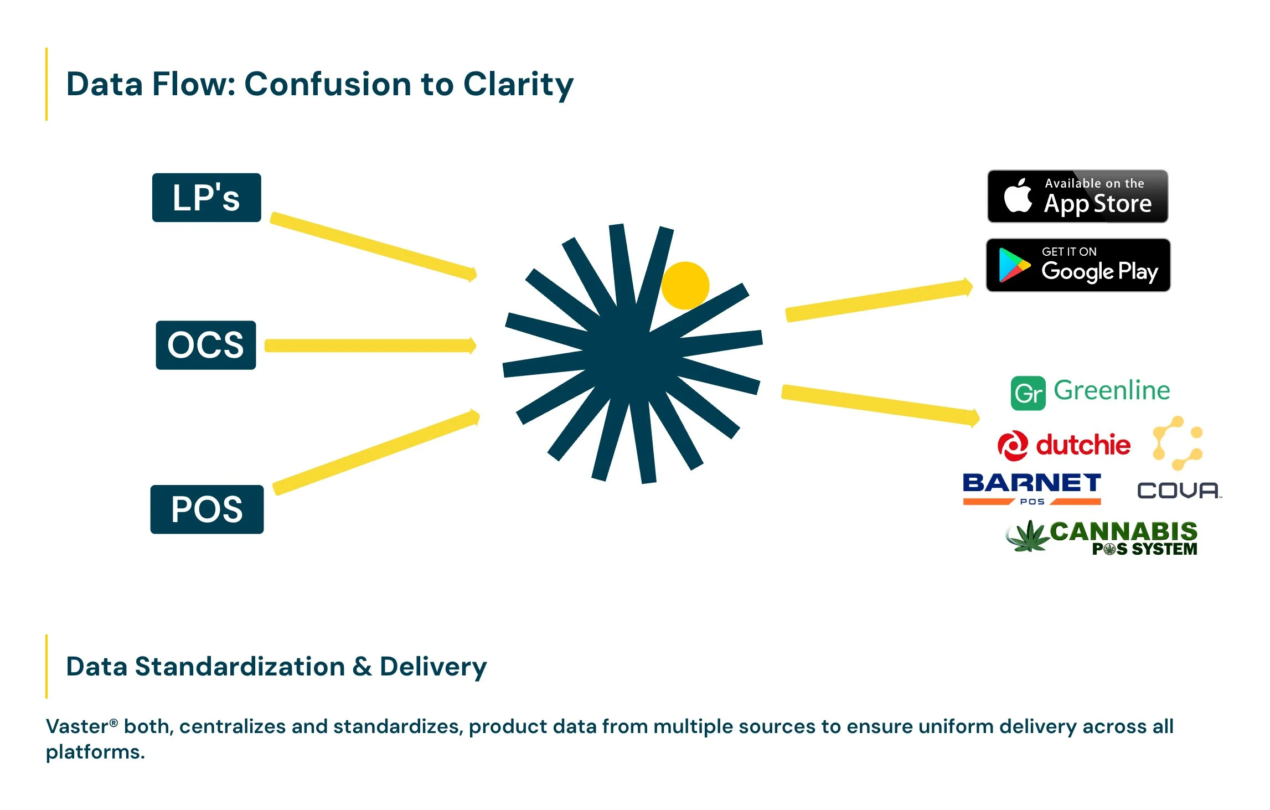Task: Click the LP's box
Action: (x=206, y=198)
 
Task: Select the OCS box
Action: (x=206, y=345)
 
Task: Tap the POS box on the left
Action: (x=207, y=509)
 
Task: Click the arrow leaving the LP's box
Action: (x=373, y=246)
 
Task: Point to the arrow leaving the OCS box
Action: (x=370, y=345)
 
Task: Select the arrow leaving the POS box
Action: (x=376, y=452)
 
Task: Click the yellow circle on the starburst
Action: (x=685, y=285)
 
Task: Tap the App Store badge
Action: (x=1077, y=197)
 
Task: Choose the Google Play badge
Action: (x=1078, y=265)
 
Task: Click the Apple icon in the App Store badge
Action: (x=1018, y=196)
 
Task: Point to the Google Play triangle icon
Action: (x=1013, y=266)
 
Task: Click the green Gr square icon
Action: (x=1028, y=393)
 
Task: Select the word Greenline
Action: (x=1112, y=390)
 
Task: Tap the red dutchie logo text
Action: (x=1083, y=445)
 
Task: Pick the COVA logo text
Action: (x=1178, y=491)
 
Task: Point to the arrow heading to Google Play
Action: (x=879, y=301)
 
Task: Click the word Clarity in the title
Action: (x=518, y=84)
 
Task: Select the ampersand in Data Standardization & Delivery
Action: (x=362, y=667)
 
